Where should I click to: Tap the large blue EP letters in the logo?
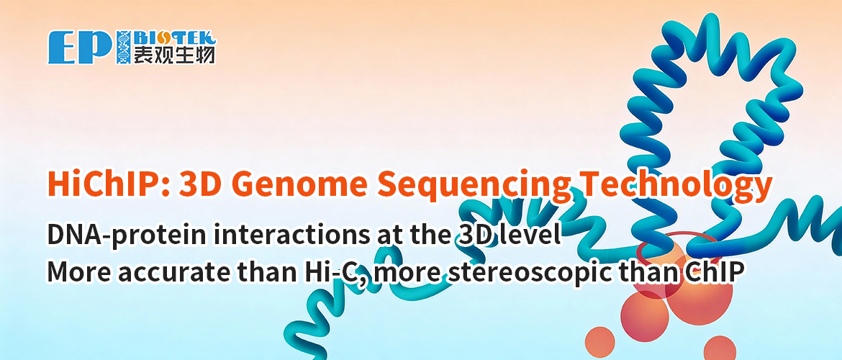[79, 47]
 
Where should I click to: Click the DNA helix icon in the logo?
[122, 47]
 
